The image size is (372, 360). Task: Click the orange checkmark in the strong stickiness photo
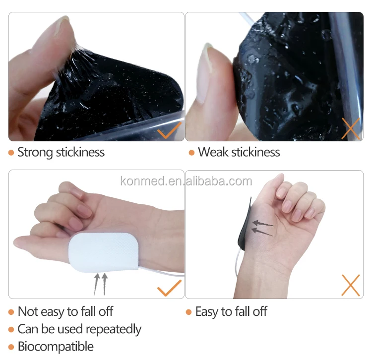click(169, 131)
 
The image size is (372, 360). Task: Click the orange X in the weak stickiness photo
click(351, 128)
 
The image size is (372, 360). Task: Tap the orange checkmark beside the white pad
click(169, 287)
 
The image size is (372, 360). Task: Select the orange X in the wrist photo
click(351, 286)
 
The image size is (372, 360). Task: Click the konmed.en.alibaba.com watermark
click(186, 181)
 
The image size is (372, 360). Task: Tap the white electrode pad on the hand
click(105, 253)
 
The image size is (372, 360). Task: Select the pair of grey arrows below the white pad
click(101, 283)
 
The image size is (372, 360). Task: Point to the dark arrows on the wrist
click(261, 227)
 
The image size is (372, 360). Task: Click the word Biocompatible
click(56, 346)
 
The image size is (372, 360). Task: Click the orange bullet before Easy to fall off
click(188, 312)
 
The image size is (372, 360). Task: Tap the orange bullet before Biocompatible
click(11, 347)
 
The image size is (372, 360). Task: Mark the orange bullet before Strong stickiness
click(11, 153)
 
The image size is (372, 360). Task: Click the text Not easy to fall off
click(65, 312)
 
